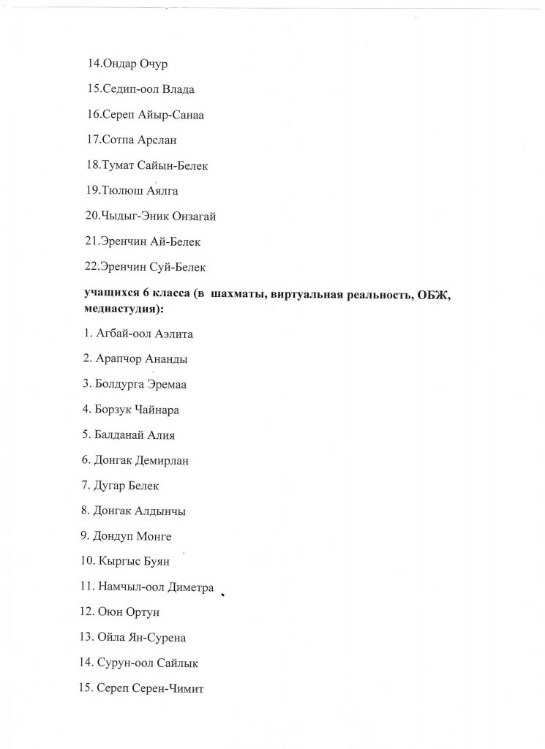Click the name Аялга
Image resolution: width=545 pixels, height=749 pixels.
[161, 191]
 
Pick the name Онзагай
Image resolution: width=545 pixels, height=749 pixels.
[191, 216]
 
